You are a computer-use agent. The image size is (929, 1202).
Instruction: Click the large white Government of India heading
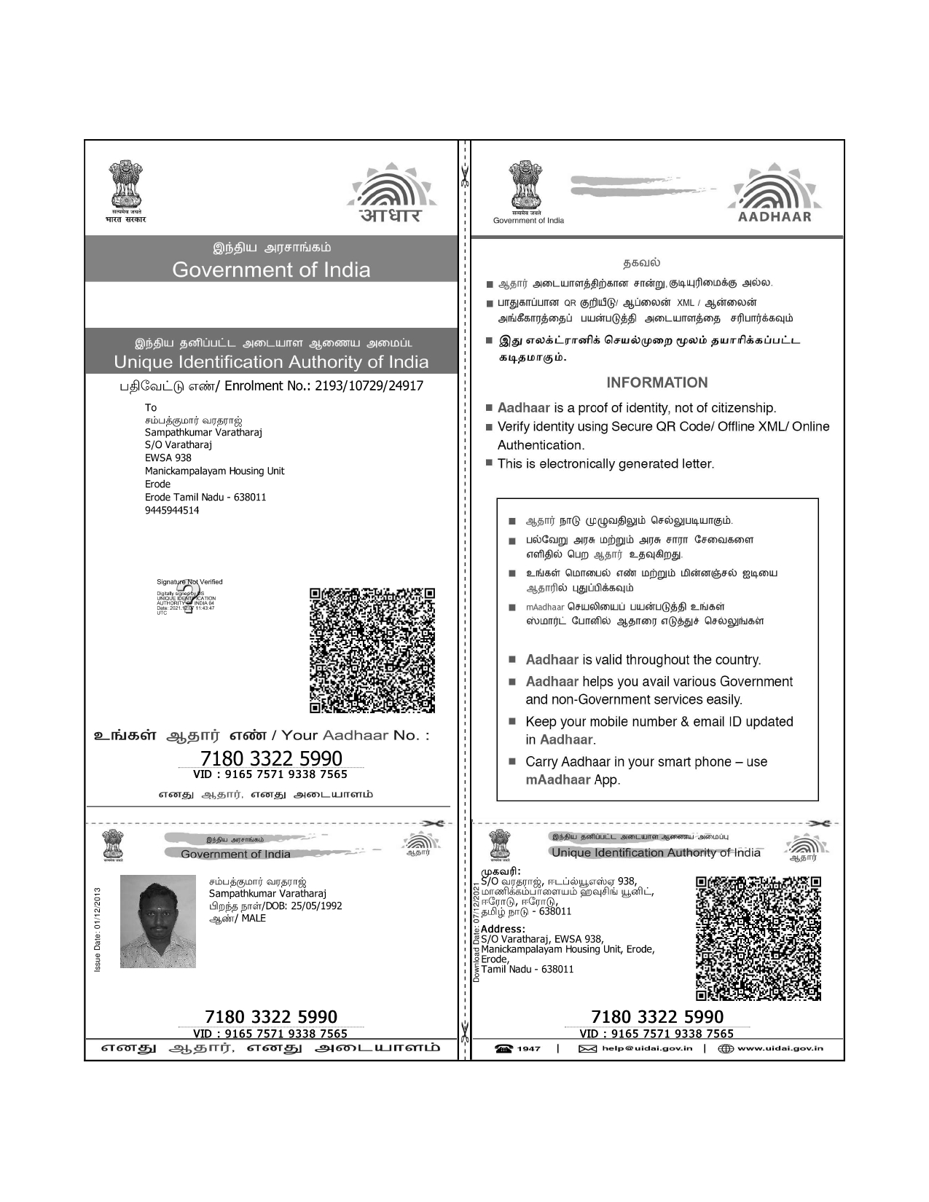[271, 270]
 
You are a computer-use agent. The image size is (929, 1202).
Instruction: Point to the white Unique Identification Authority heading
[271, 362]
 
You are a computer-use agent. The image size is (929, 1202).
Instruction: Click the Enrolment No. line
[271, 386]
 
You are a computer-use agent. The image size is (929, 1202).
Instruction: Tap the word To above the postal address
[151, 407]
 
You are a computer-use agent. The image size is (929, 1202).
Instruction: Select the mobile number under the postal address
[172, 510]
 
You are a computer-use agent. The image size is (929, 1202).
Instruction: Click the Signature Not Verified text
[189, 581]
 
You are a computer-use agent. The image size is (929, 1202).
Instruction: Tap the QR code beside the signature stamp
[372, 650]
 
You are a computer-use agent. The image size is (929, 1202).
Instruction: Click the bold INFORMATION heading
[656, 382]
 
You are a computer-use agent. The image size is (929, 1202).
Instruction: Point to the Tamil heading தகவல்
[641, 262]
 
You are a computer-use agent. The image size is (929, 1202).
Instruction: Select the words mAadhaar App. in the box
[573, 779]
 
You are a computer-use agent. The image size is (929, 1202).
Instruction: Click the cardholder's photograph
[157, 921]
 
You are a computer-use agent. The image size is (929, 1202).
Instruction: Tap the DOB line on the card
[275, 906]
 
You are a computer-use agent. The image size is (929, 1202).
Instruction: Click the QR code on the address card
[759, 938]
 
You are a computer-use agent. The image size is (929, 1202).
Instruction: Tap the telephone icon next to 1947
[503, 1048]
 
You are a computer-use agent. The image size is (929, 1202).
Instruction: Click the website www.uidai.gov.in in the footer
[780, 1048]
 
